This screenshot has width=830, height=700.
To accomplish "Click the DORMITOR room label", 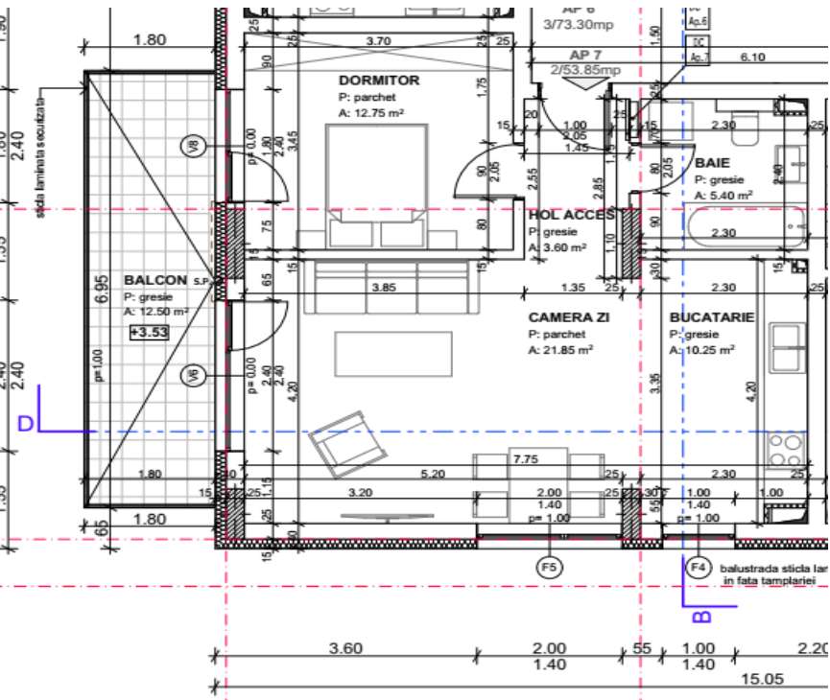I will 379,82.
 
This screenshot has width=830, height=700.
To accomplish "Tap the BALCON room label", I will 155,280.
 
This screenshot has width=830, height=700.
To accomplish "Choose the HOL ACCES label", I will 571,216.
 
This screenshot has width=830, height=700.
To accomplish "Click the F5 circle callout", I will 549,567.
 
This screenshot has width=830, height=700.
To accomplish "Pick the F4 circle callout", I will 700,567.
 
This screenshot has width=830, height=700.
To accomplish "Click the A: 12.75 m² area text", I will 370,112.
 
